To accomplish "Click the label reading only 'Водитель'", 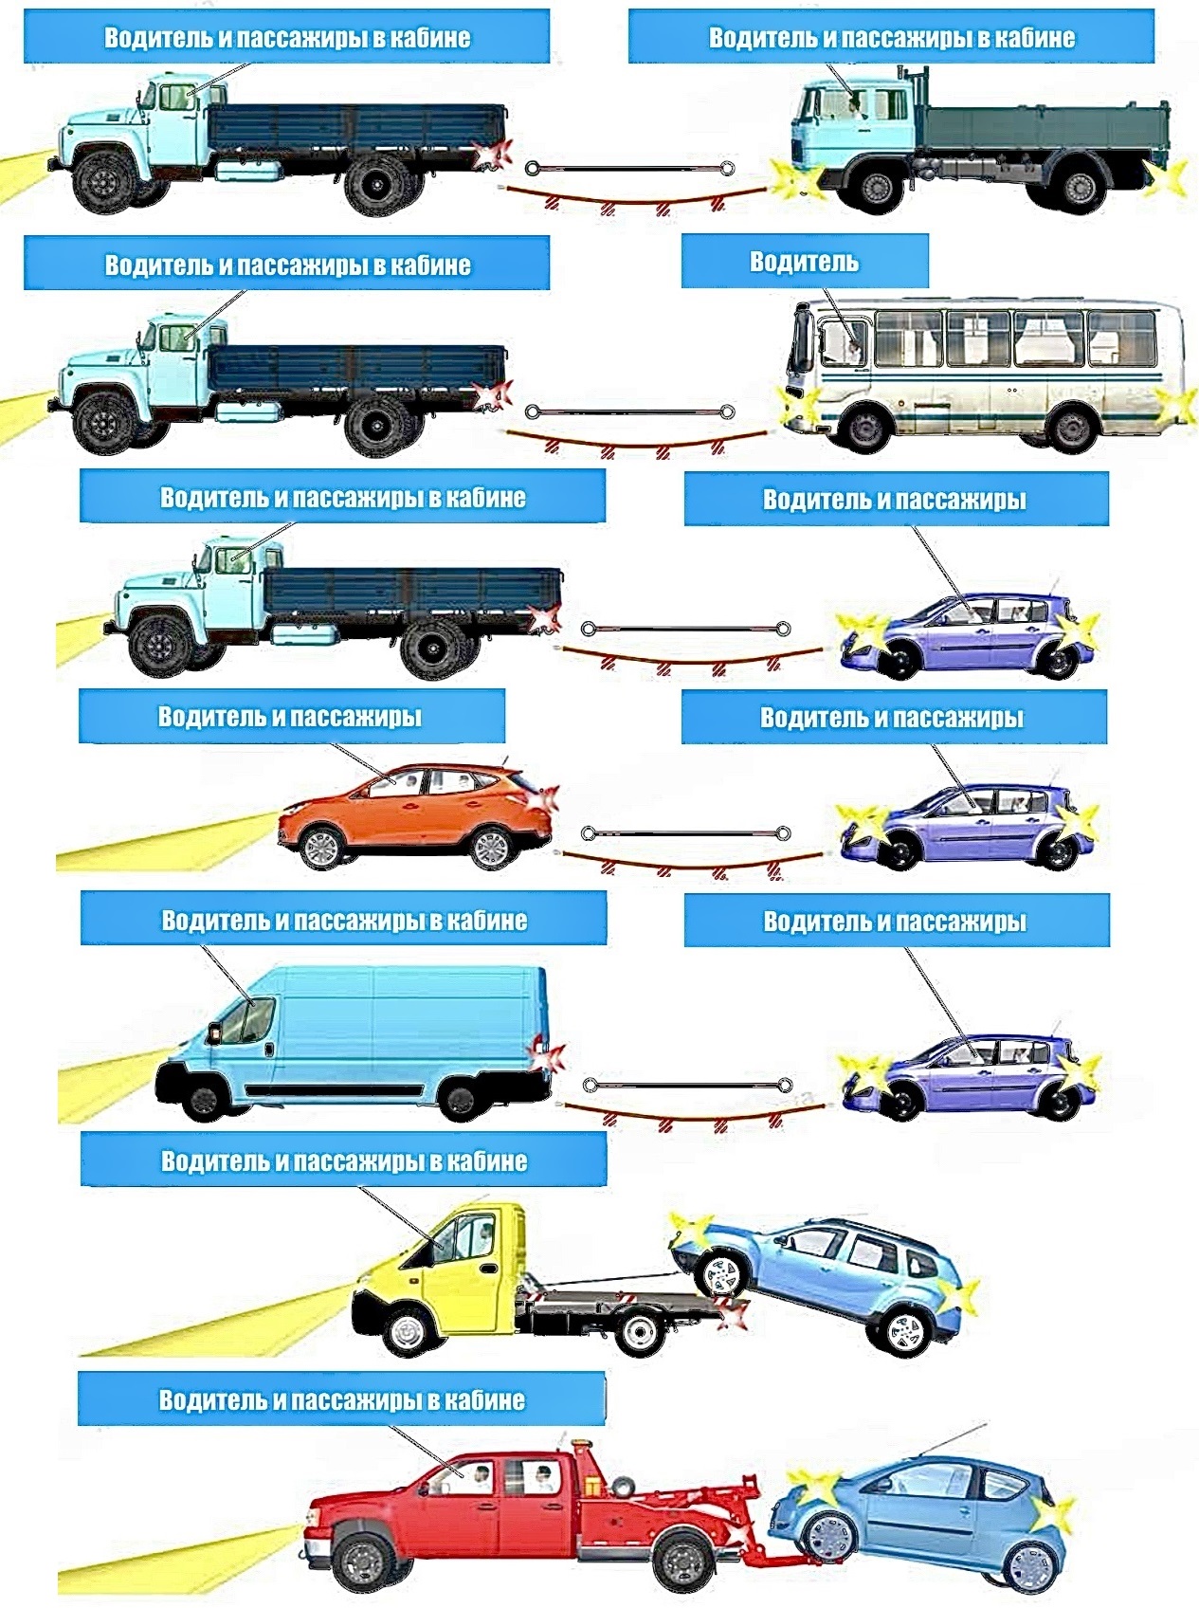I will tap(804, 262).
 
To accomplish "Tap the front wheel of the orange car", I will tap(319, 845).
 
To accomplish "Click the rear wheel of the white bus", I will tap(1072, 427).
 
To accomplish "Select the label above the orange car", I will tap(290, 717).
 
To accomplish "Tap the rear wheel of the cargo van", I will tap(461, 1099).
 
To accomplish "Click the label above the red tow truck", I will tap(341, 1400).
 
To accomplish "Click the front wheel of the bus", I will tap(865, 427).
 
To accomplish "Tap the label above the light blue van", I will tap(343, 920).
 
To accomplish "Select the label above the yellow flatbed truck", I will tap(343, 1161).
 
